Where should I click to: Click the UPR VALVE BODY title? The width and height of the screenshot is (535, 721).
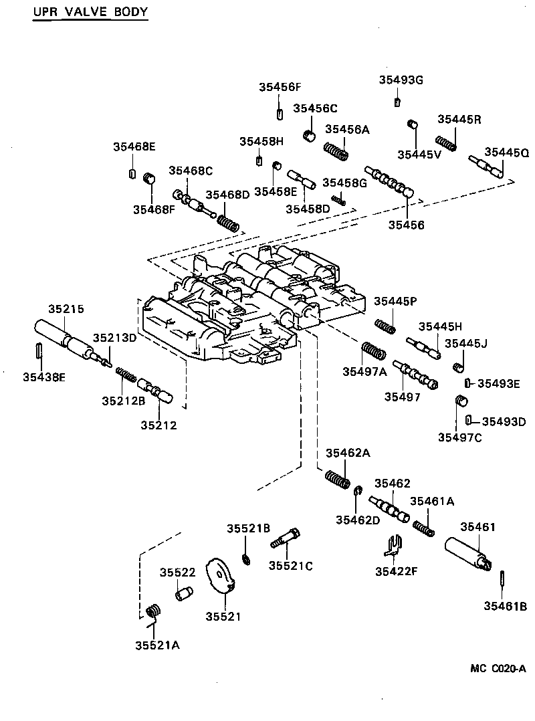[90, 12]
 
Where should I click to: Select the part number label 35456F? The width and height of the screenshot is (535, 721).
[280, 87]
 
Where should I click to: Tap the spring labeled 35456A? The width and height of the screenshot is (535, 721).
[336, 152]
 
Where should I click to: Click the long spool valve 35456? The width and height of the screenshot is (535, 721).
[390, 183]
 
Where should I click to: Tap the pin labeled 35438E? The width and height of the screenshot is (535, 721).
[39, 350]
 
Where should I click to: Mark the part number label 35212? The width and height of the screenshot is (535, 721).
[158, 425]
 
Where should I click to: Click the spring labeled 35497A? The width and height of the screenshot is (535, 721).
[373, 351]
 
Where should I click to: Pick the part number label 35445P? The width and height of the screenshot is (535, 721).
[395, 302]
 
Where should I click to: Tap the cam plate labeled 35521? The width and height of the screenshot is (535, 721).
[220, 577]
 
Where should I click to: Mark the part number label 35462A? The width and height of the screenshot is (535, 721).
[348, 453]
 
